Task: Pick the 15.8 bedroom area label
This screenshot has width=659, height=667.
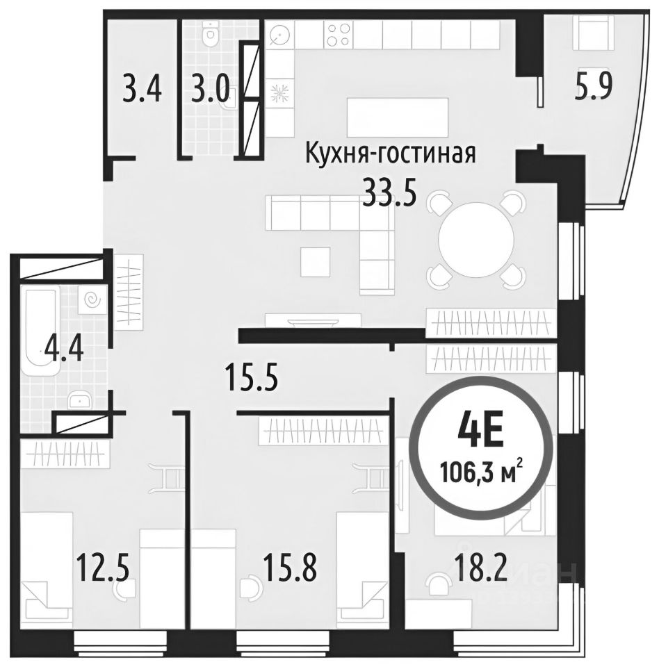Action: (291, 568)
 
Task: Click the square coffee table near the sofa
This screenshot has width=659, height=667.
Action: (316, 261)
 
